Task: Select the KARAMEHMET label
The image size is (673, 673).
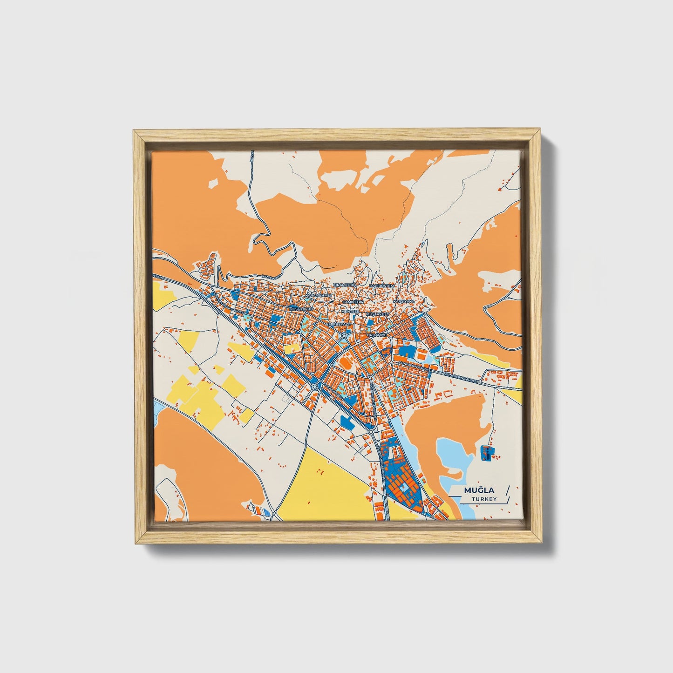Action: (x=318, y=296)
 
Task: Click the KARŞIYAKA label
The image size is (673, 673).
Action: (x=403, y=302)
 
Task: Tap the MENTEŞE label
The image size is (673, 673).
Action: (x=350, y=311)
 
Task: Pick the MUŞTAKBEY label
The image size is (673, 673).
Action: (x=378, y=315)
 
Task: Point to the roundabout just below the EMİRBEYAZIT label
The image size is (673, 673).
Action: (x=344, y=335)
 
